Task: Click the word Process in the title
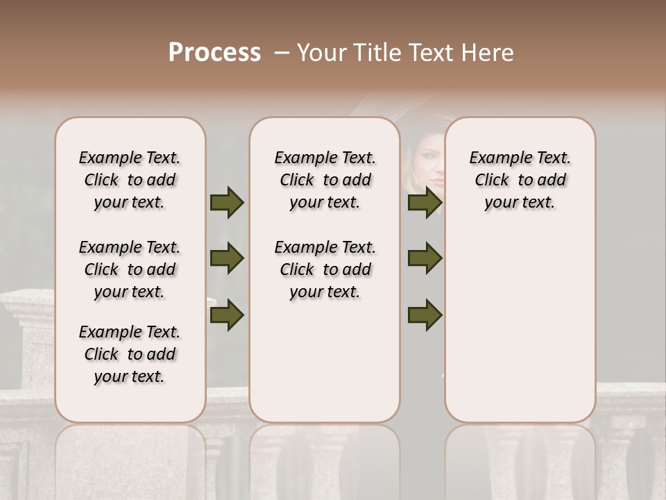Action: click(x=214, y=53)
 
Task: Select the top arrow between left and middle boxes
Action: click(x=227, y=202)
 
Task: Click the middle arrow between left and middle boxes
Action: click(x=227, y=258)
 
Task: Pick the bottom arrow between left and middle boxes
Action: click(x=227, y=315)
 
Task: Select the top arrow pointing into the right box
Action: click(x=425, y=202)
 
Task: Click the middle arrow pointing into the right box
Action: click(x=425, y=258)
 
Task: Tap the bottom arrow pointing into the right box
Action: click(x=425, y=315)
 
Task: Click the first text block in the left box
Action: click(x=130, y=180)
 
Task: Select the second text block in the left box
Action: click(x=130, y=269)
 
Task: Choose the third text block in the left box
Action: click(x=130, y=354)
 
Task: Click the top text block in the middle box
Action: click(x=325, y=180)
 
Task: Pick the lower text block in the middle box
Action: click(x=325, y=269)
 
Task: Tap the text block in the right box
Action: click(x=520, y=180)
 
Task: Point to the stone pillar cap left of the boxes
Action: click(x=28, y=306)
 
